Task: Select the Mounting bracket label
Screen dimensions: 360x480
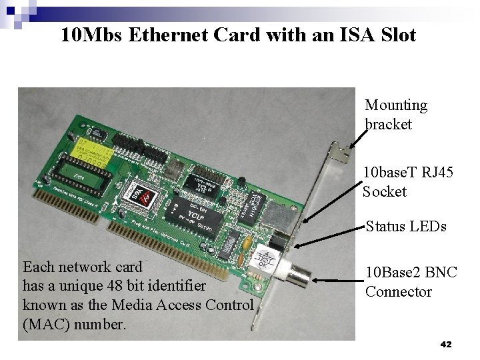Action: coord(396,115)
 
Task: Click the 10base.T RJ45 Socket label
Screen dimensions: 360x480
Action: coord(408,182)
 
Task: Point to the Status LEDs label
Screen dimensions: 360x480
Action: coord(406,226)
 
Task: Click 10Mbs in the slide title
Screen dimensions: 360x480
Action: coord(90,34)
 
